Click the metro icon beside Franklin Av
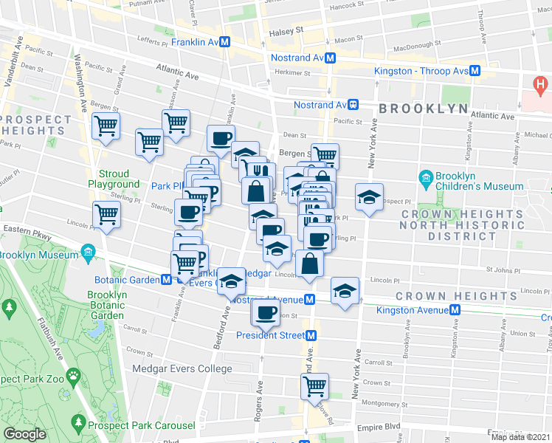[223, 43]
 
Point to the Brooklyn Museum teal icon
[88, 255]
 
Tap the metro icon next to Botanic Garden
[168, 280]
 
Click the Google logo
[24, 434]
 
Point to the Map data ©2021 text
[521, 436]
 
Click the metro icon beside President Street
[311, 335]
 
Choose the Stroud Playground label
[114, 179]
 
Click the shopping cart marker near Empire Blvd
[314, 385]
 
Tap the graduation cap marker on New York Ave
[369, 196]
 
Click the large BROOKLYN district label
[424, 109]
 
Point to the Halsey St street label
[289, 31]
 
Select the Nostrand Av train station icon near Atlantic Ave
[353, 105]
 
